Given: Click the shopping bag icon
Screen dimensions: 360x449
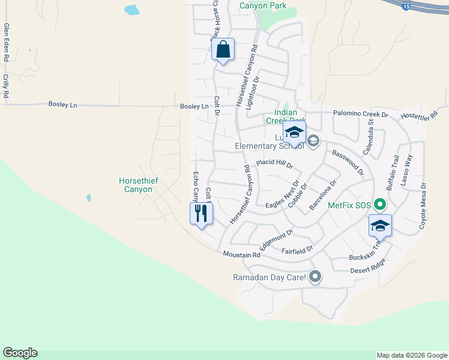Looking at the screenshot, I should [x=223, y=50].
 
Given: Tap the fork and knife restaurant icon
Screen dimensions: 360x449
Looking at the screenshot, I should [x=201, y=213].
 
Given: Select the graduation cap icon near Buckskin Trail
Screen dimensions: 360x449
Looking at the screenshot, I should [x=380, y=226].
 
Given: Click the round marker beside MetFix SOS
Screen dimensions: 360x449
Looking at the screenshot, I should [x=379, y=205].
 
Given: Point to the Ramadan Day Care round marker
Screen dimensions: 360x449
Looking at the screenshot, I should [x=315, y=277].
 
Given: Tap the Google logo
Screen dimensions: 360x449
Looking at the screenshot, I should [x=20, y=353].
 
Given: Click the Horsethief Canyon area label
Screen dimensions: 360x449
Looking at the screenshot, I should [x=135, y=185].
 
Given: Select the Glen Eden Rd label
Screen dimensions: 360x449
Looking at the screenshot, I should [x=7, y=43].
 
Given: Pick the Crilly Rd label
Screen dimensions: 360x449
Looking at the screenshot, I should [x=6, y=86].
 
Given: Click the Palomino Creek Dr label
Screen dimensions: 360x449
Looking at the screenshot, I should [x=359, y=114].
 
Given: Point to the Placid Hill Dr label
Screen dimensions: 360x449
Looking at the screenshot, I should [x=274, y=163].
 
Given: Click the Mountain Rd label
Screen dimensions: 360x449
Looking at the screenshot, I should [x=241, y=255].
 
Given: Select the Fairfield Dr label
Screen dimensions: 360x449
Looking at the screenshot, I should [x=297, y=248].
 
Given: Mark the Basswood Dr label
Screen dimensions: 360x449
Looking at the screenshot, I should [x=348, y=163].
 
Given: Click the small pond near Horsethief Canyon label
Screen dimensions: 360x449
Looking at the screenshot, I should [x=89, y=197].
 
